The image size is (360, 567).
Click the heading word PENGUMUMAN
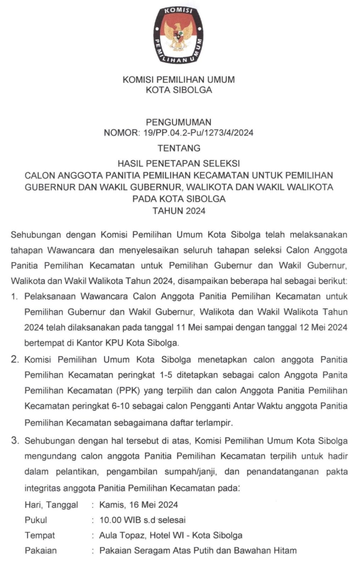(x=178, y=122)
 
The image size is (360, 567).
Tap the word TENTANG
(x=179, y=148)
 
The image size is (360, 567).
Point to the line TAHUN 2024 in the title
(x=179, y=211)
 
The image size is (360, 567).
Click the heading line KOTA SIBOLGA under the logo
(x=179, y=90)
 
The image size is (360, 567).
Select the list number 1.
(x=14, y=297)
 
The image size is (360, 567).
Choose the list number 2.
(x=15, y=360)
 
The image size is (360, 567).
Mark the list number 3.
(x=15, y=441)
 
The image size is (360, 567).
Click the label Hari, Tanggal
(x=51, y=505)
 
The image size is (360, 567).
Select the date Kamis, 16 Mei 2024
(x=138, y=505)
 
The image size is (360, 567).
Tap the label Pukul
(x=36, y=520)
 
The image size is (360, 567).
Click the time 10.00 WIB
(x=120, y=520)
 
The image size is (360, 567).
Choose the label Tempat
(x=40, y=535)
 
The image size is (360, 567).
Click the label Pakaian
(x=40, y=551)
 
